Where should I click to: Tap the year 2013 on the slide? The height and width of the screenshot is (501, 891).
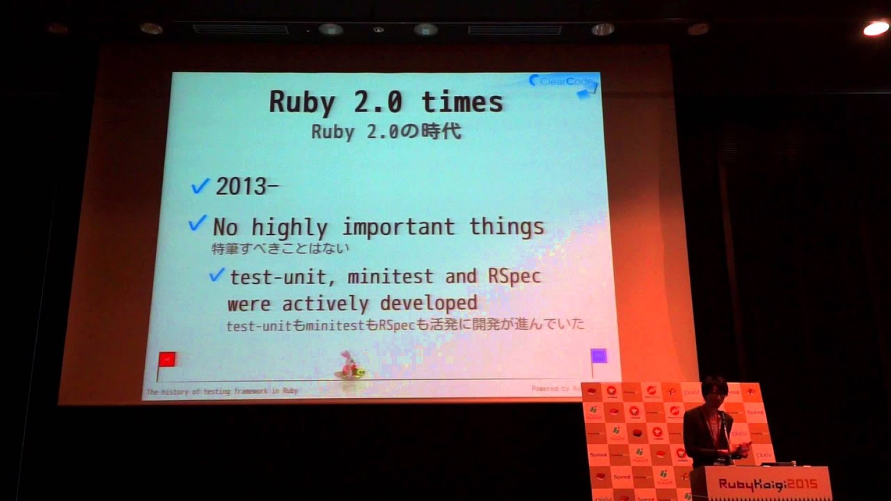click(241, 186)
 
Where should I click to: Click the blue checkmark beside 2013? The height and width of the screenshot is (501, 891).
click(200, 186)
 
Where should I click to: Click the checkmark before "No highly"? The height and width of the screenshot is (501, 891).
click(198, 224)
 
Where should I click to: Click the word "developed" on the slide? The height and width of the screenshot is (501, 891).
click(428, 303)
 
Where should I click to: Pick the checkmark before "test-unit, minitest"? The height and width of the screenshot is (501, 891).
click(217, 275)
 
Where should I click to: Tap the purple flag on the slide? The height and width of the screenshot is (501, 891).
click(598, 357)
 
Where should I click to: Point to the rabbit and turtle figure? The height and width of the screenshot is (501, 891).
click(350, 367)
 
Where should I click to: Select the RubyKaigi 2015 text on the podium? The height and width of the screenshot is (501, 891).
click(768, 484)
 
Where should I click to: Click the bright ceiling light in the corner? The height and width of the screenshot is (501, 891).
click(875, 29)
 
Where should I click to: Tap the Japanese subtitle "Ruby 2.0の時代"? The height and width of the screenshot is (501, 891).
click(386, 132)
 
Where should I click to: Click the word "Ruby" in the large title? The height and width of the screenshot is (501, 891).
click(302, 102)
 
